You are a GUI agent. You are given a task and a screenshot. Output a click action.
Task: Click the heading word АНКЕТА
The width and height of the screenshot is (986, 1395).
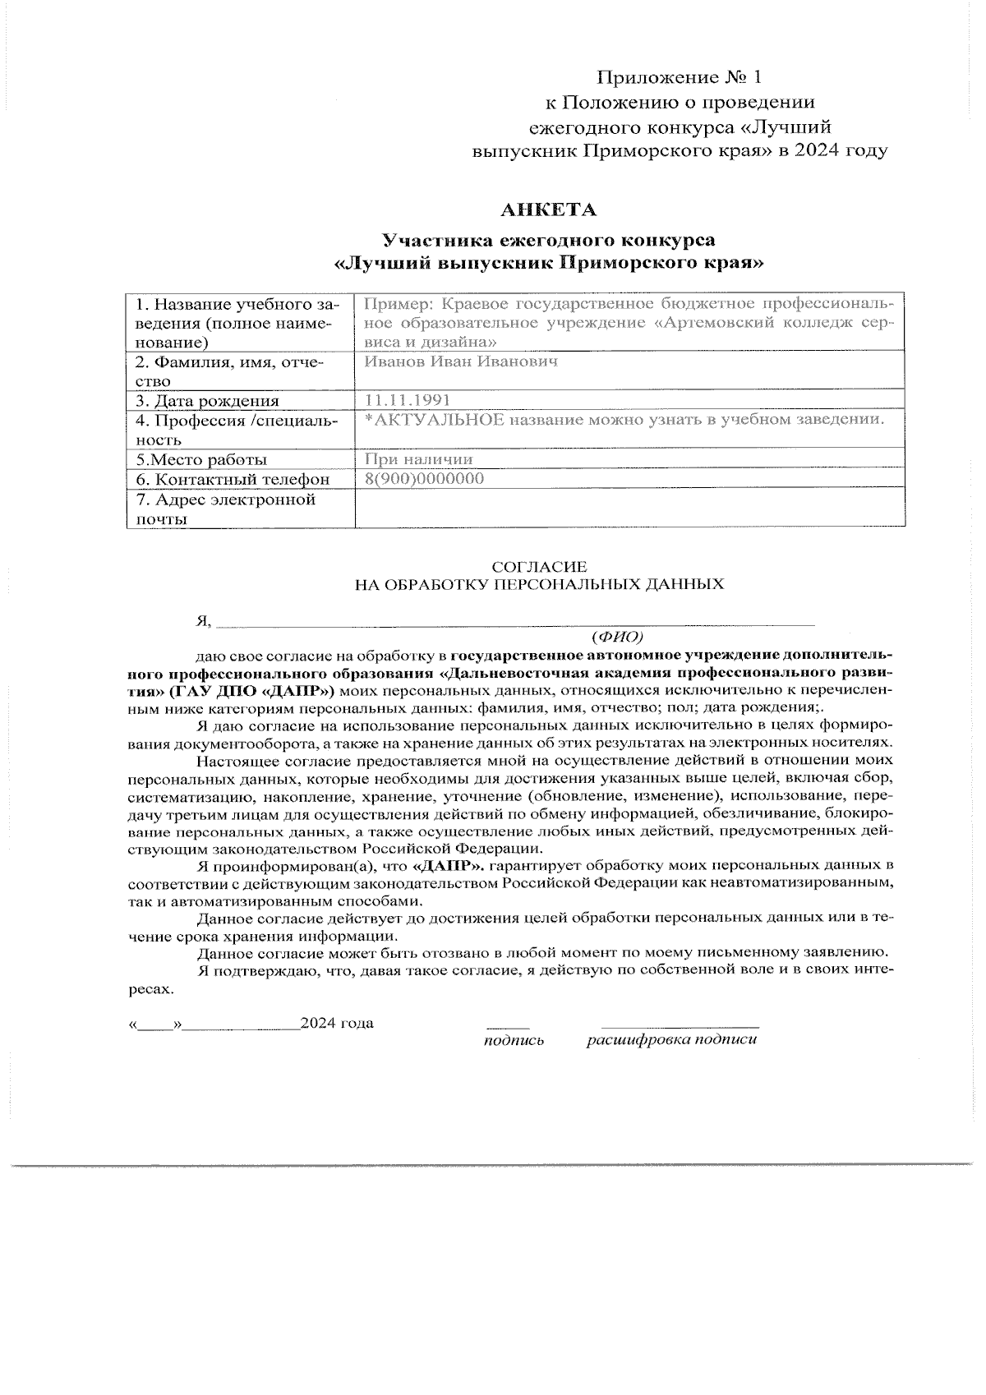549,210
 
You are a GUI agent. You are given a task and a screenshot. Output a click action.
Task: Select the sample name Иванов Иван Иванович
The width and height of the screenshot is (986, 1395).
461,361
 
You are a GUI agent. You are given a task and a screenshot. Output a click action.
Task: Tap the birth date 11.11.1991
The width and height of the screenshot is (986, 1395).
408,400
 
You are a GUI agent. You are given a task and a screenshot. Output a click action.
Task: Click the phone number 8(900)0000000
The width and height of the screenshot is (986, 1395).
423,479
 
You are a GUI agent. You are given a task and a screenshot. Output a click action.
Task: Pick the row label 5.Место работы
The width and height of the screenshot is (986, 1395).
201,459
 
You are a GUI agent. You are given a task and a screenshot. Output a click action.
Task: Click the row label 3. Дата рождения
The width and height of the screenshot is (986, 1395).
207,401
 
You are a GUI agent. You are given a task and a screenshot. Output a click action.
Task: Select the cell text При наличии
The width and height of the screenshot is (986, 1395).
418,459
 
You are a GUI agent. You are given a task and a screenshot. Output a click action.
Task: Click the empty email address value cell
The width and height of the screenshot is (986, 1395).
629,509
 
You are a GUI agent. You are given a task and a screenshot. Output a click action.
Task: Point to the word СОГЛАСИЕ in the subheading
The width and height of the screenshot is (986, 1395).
539,567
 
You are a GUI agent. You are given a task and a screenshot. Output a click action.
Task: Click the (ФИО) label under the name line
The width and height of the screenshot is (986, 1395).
617,637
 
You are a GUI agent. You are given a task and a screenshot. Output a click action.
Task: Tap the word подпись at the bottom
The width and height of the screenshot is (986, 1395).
514,1040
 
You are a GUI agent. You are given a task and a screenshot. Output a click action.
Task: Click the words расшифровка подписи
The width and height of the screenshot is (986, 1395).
671,1040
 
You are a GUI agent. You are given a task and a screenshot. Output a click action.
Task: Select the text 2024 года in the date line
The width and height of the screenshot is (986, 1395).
337,1023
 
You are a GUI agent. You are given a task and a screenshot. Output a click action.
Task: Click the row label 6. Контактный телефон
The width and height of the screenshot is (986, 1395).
233,479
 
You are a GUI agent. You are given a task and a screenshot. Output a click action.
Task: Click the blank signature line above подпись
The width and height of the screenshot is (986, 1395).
508,1027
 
